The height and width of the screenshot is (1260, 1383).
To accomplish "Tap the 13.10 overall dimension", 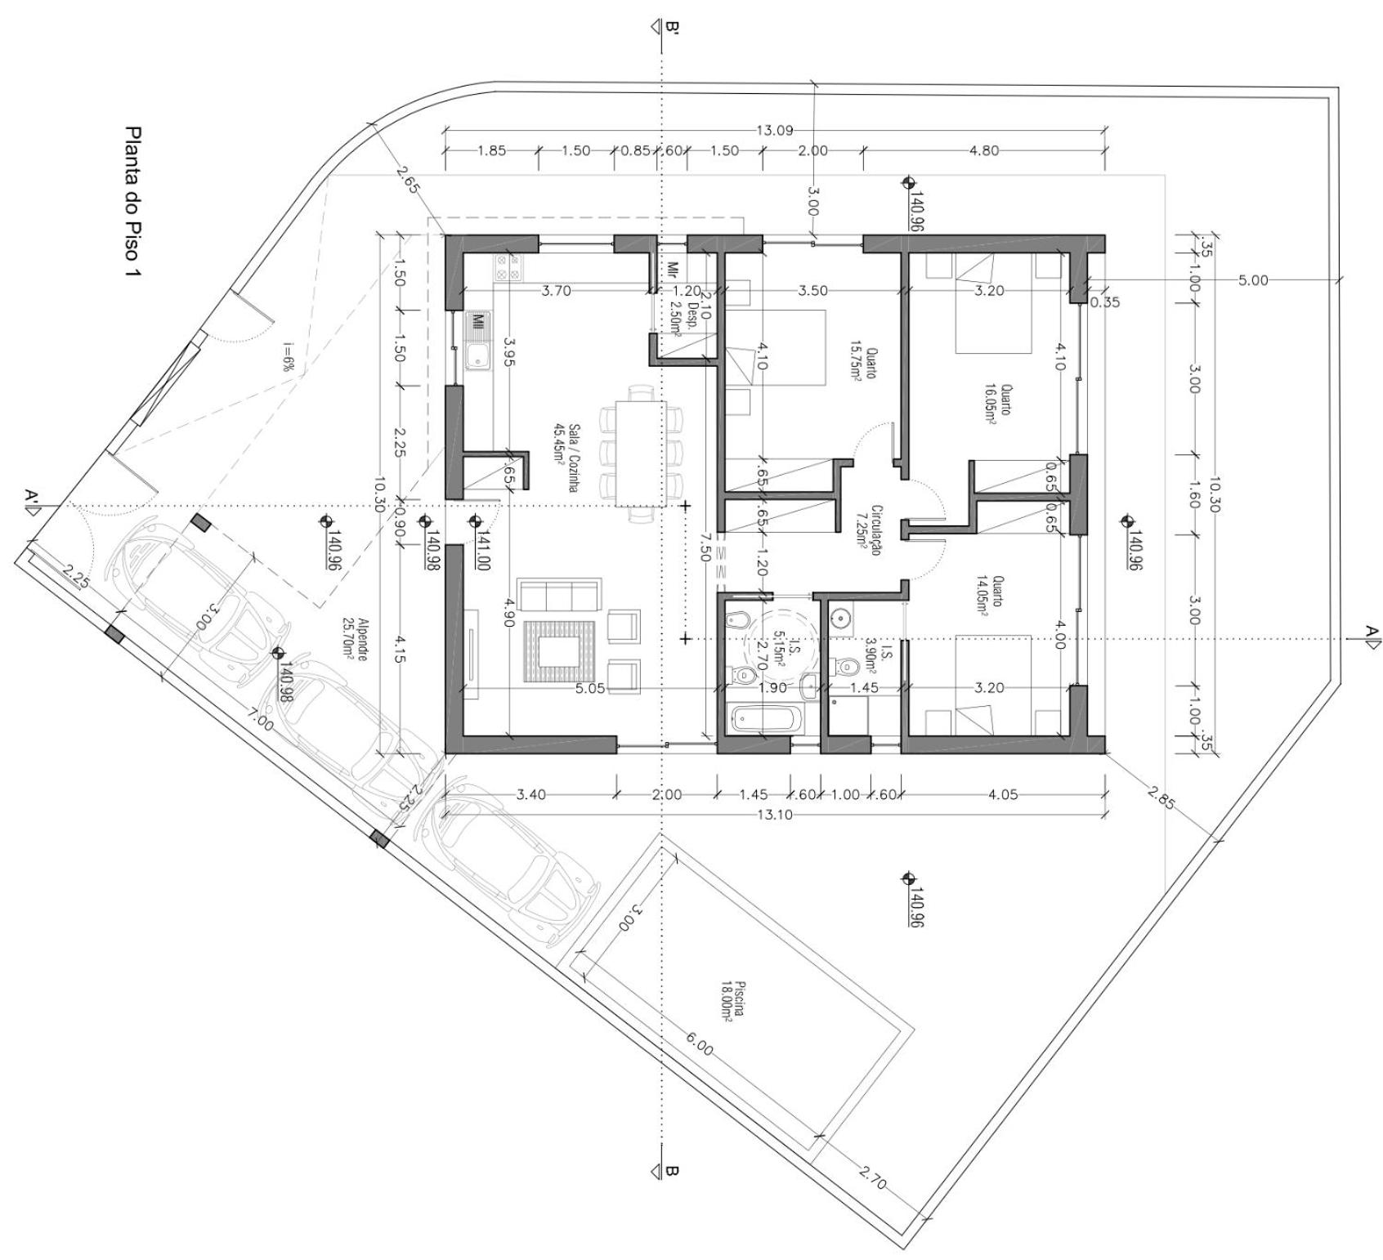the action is click(x=775, y=814).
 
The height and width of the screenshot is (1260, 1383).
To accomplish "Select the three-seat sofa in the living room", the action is click(x=558, y=594).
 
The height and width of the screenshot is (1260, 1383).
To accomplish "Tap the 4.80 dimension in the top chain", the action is click(x=983, y=150).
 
